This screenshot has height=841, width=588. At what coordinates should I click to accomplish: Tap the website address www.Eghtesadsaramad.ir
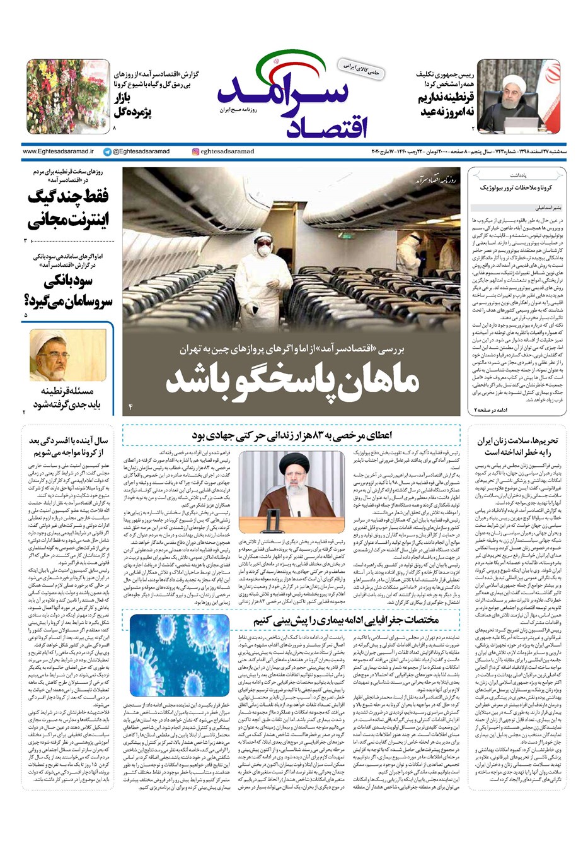58,152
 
